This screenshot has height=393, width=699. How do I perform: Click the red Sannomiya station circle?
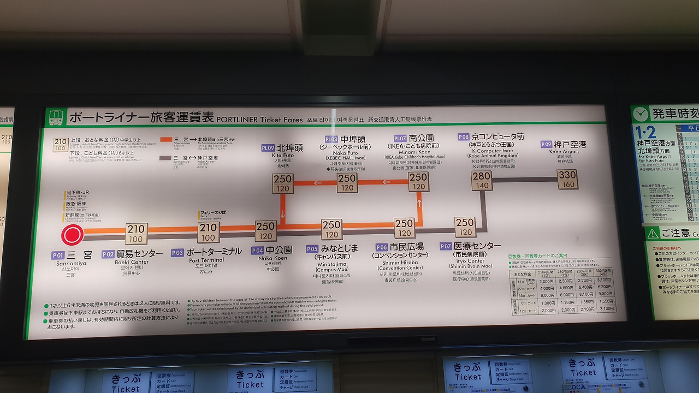click(72, 235)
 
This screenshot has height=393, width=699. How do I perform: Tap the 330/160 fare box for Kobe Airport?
click(567, 179)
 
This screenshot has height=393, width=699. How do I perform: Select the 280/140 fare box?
click(482, 181)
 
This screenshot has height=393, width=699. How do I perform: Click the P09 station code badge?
click(546, 144)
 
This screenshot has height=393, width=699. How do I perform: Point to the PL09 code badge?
click(268, 148)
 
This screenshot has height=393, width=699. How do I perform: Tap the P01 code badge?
click(58, 255)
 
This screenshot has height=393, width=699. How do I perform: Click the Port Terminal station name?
click(214, 252)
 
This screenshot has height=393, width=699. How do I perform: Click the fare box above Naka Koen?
click(265, 231)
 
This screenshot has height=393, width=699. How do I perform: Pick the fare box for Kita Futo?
click(283, 183)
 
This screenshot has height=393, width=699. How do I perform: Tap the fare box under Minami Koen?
click(418, 182)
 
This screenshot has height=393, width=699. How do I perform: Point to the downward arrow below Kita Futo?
click(283, 215)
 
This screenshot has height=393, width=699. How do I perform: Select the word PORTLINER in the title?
click(237, 120)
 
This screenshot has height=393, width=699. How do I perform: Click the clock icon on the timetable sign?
click(641, 114)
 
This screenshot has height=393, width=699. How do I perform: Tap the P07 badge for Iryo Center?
click(446, 246)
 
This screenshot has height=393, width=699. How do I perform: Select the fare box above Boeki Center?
click(136, 234)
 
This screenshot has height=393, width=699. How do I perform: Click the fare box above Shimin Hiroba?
click(404, 228)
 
